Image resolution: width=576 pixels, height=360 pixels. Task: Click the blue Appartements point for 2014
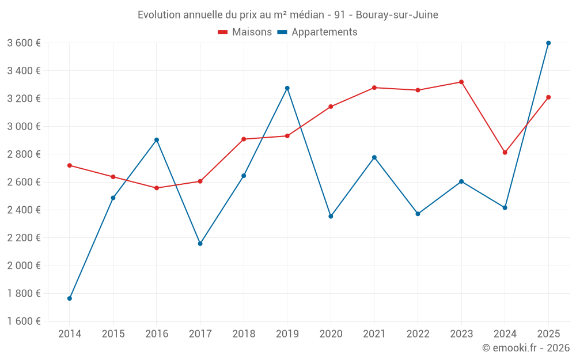coord(70,298)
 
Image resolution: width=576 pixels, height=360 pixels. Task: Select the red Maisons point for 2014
coord(70,165)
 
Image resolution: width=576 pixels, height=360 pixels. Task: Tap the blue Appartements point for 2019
coord(287,88)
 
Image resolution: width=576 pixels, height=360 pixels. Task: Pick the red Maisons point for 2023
coord(461,82)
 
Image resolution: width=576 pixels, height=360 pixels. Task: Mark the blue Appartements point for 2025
coord(548,43)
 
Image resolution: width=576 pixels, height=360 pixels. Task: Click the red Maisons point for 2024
coord(505,153)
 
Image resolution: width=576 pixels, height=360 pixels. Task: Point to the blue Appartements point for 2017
coord(200,244)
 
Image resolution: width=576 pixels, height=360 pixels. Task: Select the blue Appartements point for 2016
coord(157,140)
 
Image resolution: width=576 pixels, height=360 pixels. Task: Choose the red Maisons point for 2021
coord(374,88)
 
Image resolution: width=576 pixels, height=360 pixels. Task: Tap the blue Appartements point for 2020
coord(331,217)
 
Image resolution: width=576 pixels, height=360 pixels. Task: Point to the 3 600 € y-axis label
coord(24,43)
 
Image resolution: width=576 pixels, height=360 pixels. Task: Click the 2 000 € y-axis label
coord(24,266)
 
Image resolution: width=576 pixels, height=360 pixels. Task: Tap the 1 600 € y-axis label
coord(24,321)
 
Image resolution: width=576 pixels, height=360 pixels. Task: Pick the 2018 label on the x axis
coord(244,334)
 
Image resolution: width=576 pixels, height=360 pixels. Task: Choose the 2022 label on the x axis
coord(418,334)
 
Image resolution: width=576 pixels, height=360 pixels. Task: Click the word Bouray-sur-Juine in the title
coord(397,15)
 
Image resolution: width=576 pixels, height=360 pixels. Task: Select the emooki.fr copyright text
coord(526,348)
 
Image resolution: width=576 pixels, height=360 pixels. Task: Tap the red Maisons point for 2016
coord(157,188)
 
